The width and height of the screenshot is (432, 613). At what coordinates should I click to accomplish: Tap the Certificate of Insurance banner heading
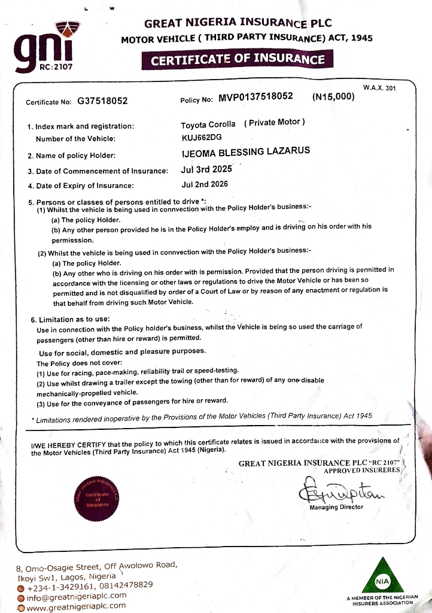tap(238, 59)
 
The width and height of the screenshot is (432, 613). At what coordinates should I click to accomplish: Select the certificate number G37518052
tap(102, 101)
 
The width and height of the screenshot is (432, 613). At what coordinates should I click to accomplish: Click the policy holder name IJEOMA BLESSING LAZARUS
tap(245, 151)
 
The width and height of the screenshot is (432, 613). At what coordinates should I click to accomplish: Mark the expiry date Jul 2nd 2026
tap(204, 184)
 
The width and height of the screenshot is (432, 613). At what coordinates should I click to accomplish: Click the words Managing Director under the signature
tap(336, 507)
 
